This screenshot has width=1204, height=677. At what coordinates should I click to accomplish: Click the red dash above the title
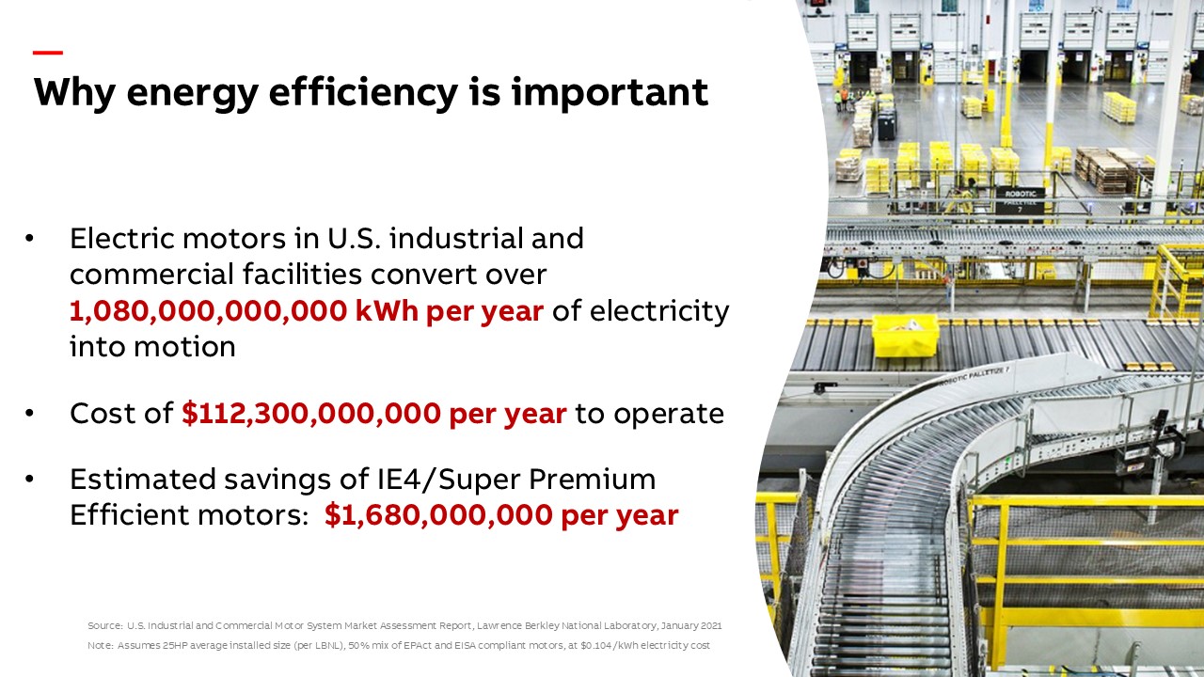click(x=48, y=53)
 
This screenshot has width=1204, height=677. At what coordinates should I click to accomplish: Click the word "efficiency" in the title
click(x=363, y=92)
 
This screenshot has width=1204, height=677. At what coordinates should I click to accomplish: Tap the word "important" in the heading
click(x=610, y=93)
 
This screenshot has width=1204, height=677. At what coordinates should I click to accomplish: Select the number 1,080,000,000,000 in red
click(x=209, y=311)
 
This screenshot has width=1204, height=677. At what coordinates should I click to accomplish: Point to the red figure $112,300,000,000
click(x=311, y=414)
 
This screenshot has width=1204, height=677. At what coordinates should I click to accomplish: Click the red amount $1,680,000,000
click(x=438, y=514)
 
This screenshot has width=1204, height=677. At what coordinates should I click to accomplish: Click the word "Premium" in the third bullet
click(x=593, y=479)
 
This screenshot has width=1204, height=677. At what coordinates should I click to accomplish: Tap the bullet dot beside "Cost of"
click(x=29, y=413)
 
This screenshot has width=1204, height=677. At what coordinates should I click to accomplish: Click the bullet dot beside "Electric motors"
click(x=29, y=239)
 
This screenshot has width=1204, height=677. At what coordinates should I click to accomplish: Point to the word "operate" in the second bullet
click(x=669, y=415)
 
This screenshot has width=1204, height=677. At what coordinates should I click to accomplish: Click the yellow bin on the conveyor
click(x=905, y=337)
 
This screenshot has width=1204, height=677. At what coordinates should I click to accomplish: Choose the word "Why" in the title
click(x=74, y=93)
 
